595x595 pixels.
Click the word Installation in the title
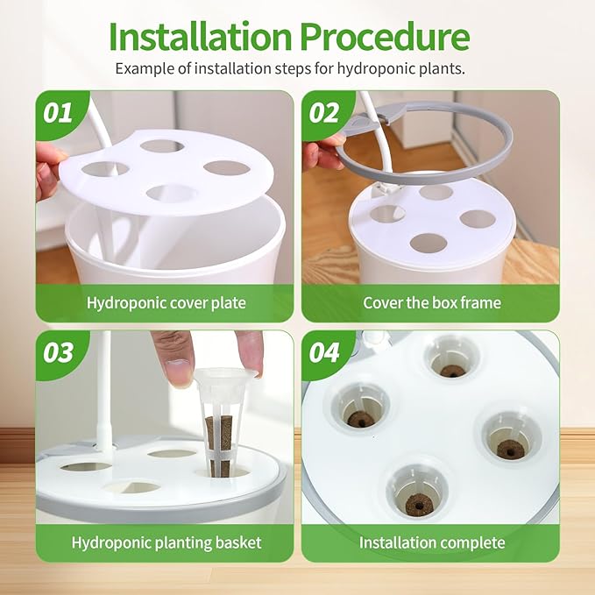(201, 37)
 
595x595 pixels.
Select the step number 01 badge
(58, 113)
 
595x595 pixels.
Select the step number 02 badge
(324, 113)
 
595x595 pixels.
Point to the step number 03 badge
(58, 352)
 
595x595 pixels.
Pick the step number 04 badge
(324, 352)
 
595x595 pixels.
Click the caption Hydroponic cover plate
(166, 303)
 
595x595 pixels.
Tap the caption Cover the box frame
(432, 303)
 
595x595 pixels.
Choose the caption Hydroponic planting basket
(166, 542)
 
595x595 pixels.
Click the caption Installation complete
(432, 542)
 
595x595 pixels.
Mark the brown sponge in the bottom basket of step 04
(419, 505)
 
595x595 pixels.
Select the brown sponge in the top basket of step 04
(452, 371)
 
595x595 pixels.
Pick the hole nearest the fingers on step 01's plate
(105, 169)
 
